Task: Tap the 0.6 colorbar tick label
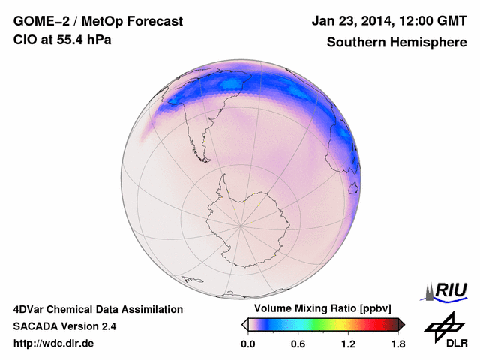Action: (298, 344)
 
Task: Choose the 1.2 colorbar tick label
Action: (347, 344)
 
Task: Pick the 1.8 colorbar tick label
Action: (397, 344)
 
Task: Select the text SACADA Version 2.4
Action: (64, 326)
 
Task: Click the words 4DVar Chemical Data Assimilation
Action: (97, 309)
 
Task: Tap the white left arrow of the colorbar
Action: (244, 324)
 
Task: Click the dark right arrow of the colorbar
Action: (401, 324)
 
